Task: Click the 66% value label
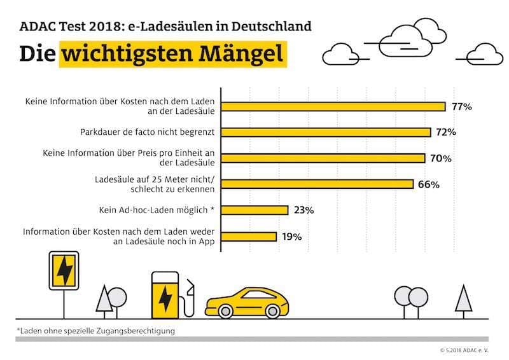429,184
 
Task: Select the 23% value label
303,210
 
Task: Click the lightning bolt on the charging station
164,298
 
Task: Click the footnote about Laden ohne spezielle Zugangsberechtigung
96,330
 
